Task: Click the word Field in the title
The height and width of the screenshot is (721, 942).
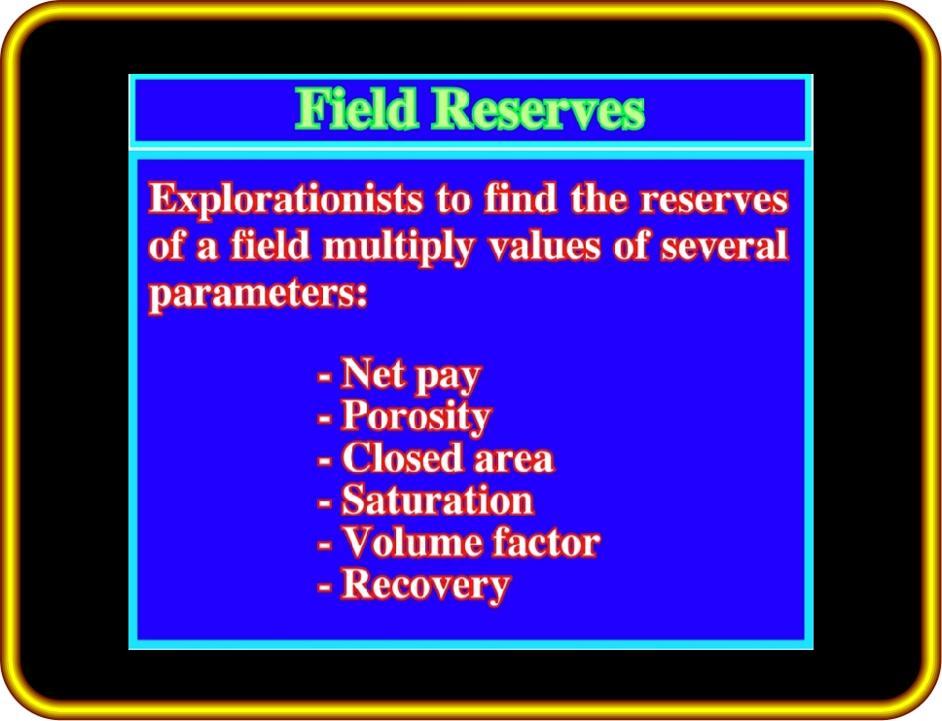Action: pyautogui.click(x=356, y=108)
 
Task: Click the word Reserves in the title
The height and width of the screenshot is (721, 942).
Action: pyautogui.click(x=539, y=108)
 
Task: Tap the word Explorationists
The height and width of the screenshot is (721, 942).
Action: pyautogui.click(x=285, y=199)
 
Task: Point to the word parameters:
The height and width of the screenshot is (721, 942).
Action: pyautogui.click(x=258, y=294)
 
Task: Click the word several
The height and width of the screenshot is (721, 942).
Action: pyautogui.click(x=725, y=245)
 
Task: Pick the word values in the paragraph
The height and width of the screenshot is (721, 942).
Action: pyautogui.click(x=544, y=245)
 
